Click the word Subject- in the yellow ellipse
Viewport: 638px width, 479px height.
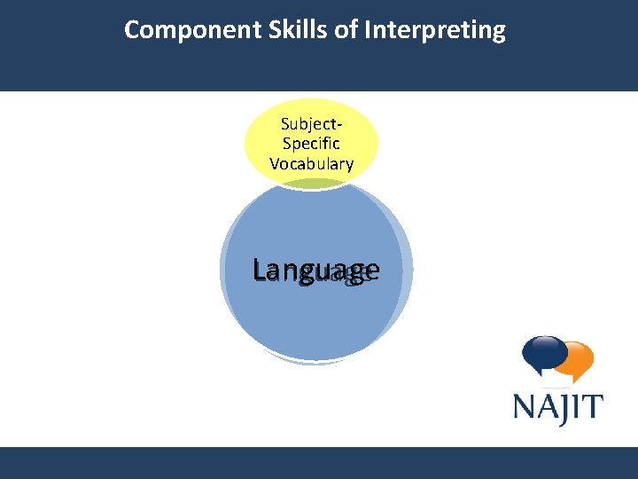tap(311, 123)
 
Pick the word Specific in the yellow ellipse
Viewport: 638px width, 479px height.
tap(311, 144)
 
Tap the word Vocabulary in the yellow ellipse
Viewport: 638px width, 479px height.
tap(311, 163)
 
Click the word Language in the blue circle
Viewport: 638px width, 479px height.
tap(315, 271)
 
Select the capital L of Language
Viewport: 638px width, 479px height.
tap(260, 268)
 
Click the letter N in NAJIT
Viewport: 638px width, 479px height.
tap(525, 407)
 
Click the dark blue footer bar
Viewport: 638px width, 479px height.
tap(319, 462)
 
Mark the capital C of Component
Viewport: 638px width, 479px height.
tap(132, 30)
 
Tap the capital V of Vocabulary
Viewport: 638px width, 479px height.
tap(274, 163)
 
